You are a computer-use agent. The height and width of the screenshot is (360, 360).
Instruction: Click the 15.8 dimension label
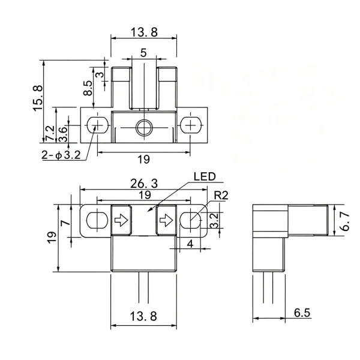pos(38,98)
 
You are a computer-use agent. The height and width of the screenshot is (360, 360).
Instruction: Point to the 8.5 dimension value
pos(88,88)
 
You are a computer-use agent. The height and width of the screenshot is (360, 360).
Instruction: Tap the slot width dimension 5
pos(143,53)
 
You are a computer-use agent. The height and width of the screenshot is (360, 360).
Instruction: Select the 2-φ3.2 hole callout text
pos(61,155)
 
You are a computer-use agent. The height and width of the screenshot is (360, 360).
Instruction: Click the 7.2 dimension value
pos(50,133)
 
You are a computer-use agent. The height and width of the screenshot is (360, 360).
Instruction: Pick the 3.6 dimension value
pos(62,134)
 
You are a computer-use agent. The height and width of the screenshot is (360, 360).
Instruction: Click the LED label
pos(205,176)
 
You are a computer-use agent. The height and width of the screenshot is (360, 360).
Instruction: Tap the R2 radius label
pos(221,196)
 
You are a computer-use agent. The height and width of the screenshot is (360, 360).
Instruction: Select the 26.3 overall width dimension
pos(144,184)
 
